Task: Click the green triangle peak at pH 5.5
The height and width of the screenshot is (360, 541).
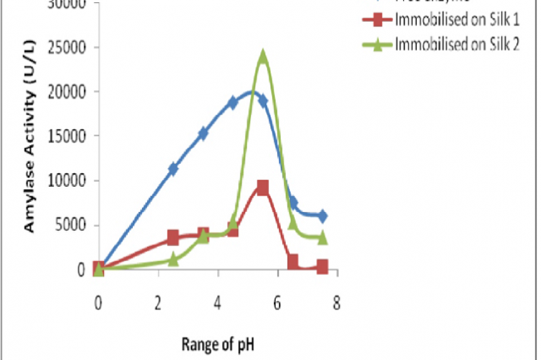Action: point(263,56)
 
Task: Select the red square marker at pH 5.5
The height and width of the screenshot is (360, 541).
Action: point(263,188)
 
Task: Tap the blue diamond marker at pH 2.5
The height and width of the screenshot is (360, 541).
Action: point(173,169)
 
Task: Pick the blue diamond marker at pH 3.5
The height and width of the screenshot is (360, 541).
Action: point(203,133)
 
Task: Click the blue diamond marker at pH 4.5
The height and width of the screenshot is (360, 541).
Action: point(233,102)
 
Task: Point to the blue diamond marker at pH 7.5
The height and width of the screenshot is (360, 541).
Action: point(322,216)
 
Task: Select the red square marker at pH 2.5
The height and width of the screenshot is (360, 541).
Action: point(173,237)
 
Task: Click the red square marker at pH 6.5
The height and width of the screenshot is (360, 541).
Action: point(293,261)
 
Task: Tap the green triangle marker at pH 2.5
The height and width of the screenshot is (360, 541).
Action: point(173,259)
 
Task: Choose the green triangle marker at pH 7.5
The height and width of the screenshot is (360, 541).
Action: point(322,237)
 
